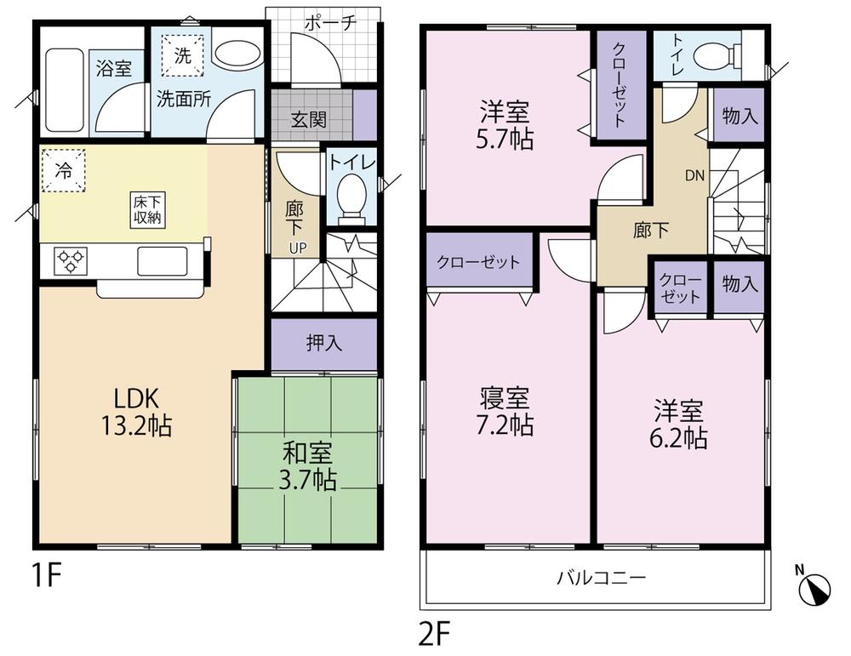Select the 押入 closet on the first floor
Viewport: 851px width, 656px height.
324,344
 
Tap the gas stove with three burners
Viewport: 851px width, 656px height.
71,260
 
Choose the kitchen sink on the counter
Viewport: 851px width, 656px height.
163,260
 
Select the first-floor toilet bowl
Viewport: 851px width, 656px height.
351,195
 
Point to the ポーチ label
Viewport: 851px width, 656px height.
326,23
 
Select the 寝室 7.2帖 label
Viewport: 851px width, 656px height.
506,411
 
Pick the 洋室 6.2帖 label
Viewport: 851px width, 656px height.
679,425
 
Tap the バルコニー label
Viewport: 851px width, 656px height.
602,579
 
